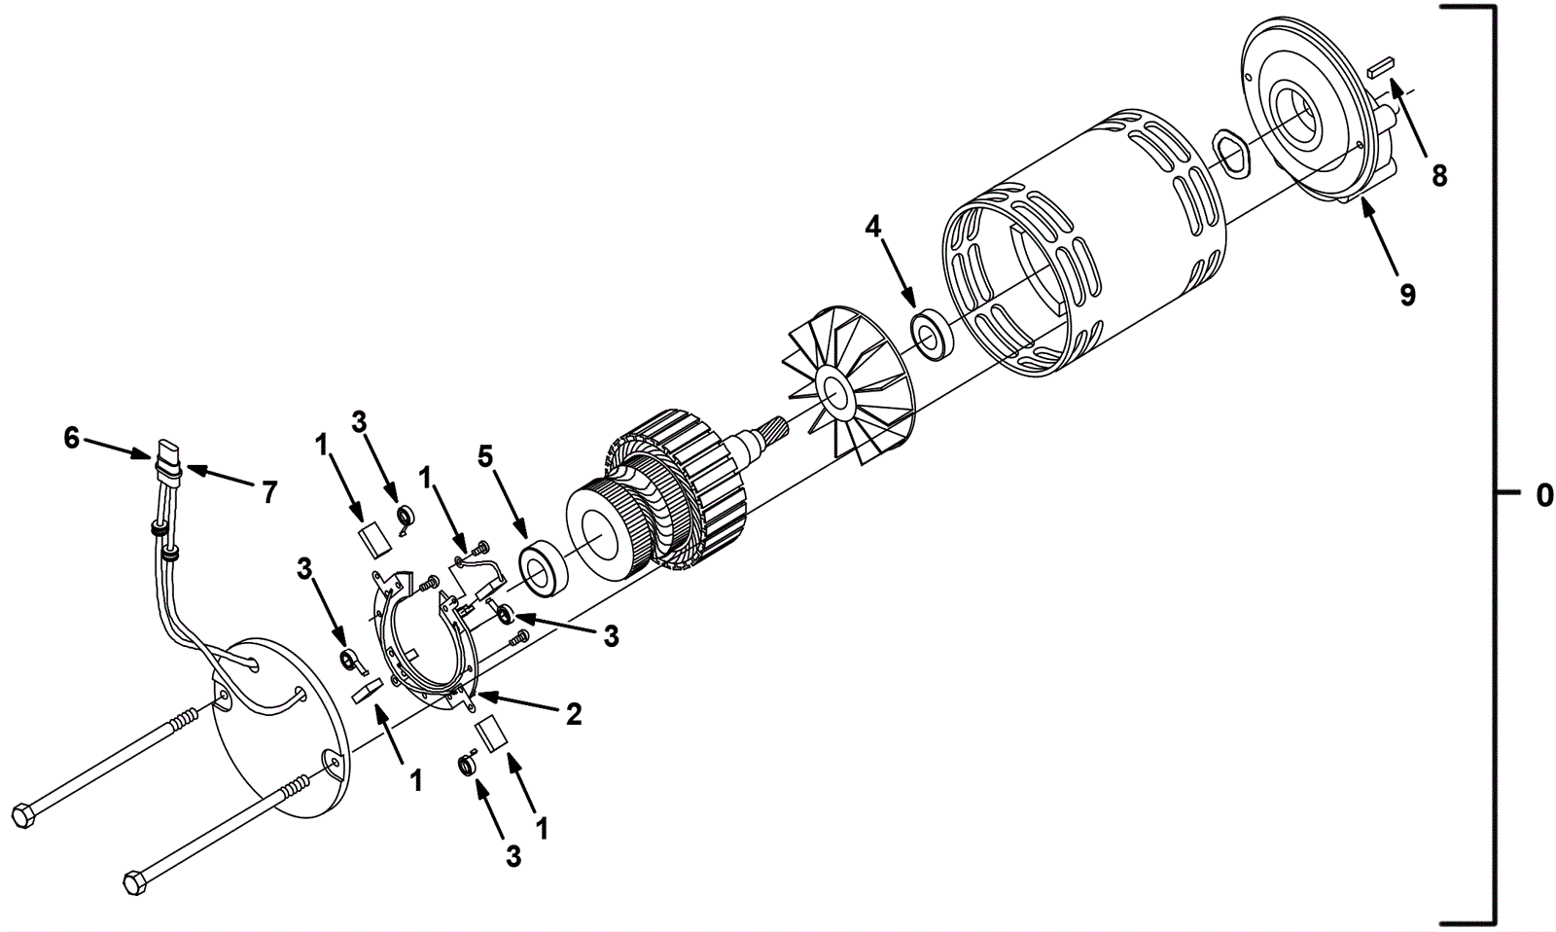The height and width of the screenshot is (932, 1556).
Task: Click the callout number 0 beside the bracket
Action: (x=1543, y=496)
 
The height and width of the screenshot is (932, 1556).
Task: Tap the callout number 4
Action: (x=873, y=228)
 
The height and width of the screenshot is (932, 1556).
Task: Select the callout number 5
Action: (x=485, y=455)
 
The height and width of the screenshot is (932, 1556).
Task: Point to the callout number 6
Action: (x=72, y=439)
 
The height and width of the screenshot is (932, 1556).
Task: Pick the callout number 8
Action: (x=1439, y=176)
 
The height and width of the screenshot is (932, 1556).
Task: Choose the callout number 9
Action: (x=1407, y=294)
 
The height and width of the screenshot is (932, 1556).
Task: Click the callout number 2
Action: (x=574, y=715)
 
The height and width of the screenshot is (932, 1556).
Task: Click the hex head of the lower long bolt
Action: (x=135, y=883)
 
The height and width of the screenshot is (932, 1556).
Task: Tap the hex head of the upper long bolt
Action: (x=21, y=814)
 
